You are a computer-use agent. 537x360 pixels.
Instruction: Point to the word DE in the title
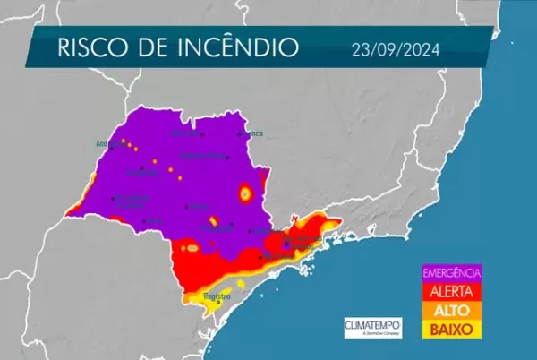pyautogui.click(x=155, y=48)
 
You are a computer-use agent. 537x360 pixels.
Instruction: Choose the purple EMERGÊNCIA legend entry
pyautogui.click(x=452, y=272)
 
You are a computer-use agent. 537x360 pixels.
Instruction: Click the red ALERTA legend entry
pyautogui.click(x=452, y=290)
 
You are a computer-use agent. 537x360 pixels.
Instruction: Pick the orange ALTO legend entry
pyautogui.click(x=452, y=309)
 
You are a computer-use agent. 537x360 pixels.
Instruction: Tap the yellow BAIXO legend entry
pyautogui.click(x=452, y=329)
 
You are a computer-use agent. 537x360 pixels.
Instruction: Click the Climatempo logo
pyautogui.click(x=373, y=323)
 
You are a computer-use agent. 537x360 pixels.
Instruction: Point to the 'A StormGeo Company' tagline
pyautogui.click(x=373, y=333)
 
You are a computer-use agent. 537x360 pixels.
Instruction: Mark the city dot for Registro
pyautogui.click(x=218, y=303)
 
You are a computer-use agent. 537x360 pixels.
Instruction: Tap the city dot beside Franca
pyautogui.click(x=240, y=134)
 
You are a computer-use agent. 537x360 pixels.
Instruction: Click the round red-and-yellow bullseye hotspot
pyautogui.click(x=244, y=193)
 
